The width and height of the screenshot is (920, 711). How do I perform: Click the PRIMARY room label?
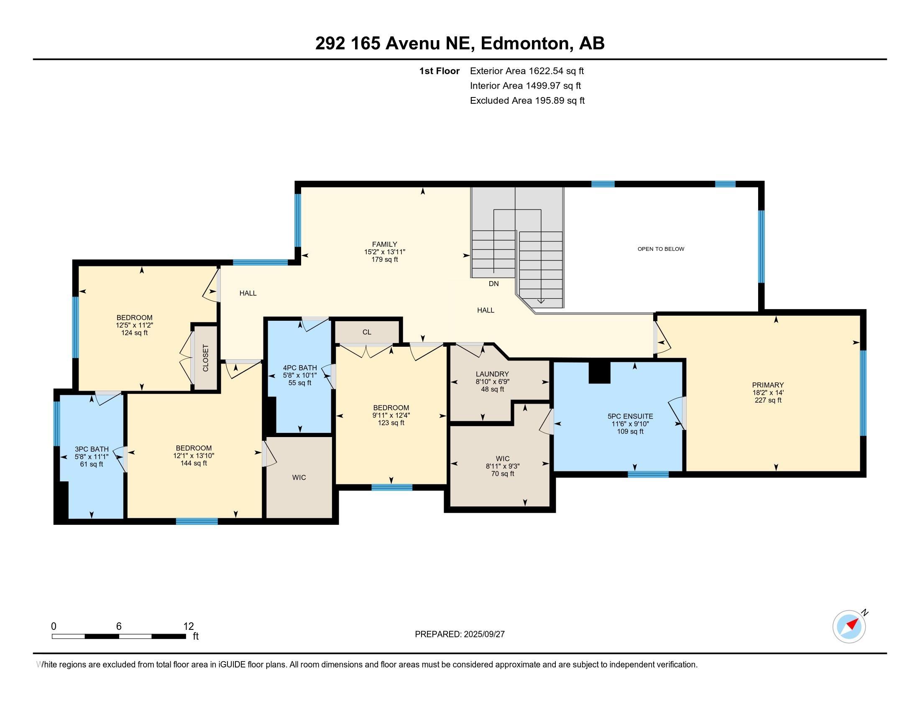point(767,385)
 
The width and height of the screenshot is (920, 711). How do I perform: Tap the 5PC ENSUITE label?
point(630,416)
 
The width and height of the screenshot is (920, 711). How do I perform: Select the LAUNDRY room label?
point(492,374)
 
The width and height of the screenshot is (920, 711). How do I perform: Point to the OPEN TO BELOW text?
point(660,249)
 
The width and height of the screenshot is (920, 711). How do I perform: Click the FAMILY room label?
point(384,244)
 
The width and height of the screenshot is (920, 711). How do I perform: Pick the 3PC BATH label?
point(92,450)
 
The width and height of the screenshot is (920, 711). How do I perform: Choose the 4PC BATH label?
point(299,368)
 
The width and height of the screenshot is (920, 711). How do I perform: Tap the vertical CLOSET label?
point(206,358)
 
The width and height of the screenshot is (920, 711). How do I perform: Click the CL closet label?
point(366,332)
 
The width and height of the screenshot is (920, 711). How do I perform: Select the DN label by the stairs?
point(493,284)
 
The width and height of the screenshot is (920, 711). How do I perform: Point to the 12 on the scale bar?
point(188,627)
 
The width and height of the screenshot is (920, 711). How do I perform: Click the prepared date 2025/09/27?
point(483,634)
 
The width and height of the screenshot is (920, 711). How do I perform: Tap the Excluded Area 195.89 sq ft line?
point(527,101)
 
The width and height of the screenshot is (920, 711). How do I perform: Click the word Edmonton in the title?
point(525,43)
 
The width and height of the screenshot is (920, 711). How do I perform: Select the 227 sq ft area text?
point(767,400)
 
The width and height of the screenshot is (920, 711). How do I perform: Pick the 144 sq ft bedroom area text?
point(193,463)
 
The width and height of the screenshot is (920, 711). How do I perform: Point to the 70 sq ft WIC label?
point(503,474)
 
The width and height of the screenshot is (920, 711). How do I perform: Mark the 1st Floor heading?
point(439,71)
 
